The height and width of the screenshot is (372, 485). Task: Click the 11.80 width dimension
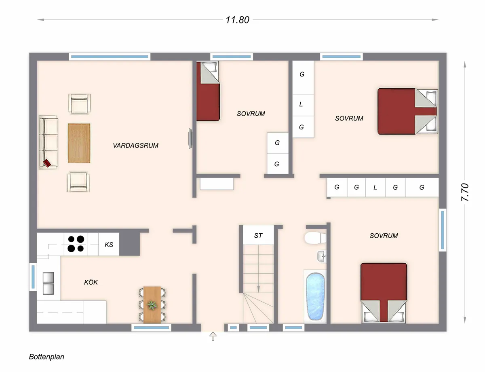pos(238,20)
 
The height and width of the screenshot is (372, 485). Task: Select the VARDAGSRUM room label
pos(135,146)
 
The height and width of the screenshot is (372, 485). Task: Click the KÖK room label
pos(91,282)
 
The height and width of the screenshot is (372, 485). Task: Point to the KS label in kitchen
pos(109,245)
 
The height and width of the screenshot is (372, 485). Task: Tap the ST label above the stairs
pos(258,236)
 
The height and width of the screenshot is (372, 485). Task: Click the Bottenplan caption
pos(46,357)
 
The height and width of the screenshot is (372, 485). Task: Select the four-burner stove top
pos(76,244)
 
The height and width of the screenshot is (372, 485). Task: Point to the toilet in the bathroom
pos(314,238)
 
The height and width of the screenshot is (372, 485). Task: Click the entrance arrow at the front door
pos(213,336)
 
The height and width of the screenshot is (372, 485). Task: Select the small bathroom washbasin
pos(321,256)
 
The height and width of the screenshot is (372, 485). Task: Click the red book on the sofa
pos(47,163)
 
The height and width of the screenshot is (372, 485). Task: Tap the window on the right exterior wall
pos(443,230)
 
